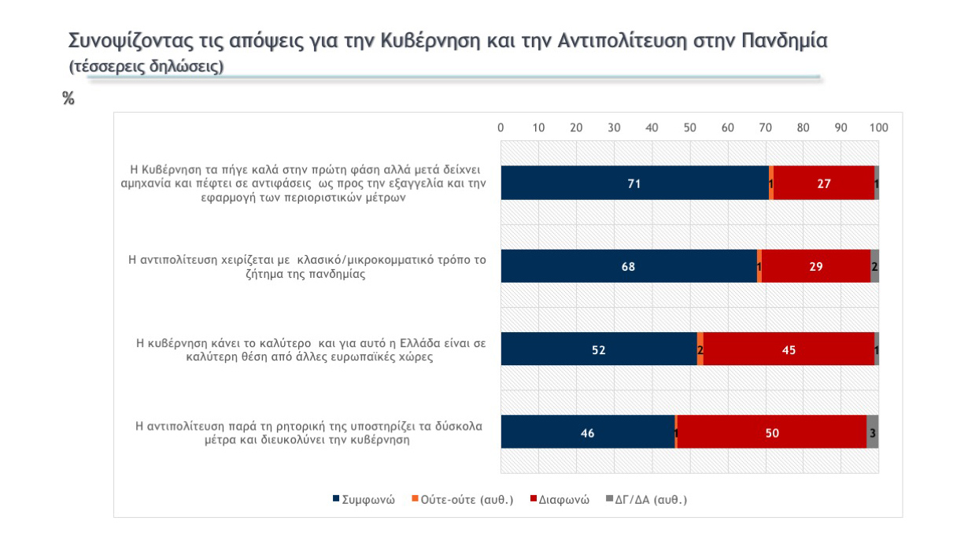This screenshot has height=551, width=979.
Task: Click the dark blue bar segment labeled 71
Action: coord(634,183)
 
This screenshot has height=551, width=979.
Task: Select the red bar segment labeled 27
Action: coord(824,183)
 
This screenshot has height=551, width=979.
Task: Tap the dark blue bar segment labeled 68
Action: coord(628,266)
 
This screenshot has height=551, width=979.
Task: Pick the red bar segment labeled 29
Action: coord(816,266)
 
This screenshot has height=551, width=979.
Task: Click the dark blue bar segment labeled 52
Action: coord(599,349)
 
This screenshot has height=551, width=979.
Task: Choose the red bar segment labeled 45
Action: coord(789,349)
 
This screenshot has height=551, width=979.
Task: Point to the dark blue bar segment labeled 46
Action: coord(587,431)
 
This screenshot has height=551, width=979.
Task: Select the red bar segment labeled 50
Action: coord(772,431)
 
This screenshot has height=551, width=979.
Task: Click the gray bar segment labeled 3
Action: coord(872,431)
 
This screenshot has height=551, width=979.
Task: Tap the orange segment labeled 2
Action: coord(700,349)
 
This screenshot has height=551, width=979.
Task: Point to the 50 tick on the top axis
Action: coord(690,128)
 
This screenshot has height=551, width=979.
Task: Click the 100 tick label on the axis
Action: coord(878,128)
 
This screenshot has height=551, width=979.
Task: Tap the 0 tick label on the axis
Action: coord(501,128)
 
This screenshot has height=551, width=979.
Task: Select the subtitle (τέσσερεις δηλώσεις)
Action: coord(146,66)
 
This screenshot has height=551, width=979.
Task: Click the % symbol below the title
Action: coord(68,98)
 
